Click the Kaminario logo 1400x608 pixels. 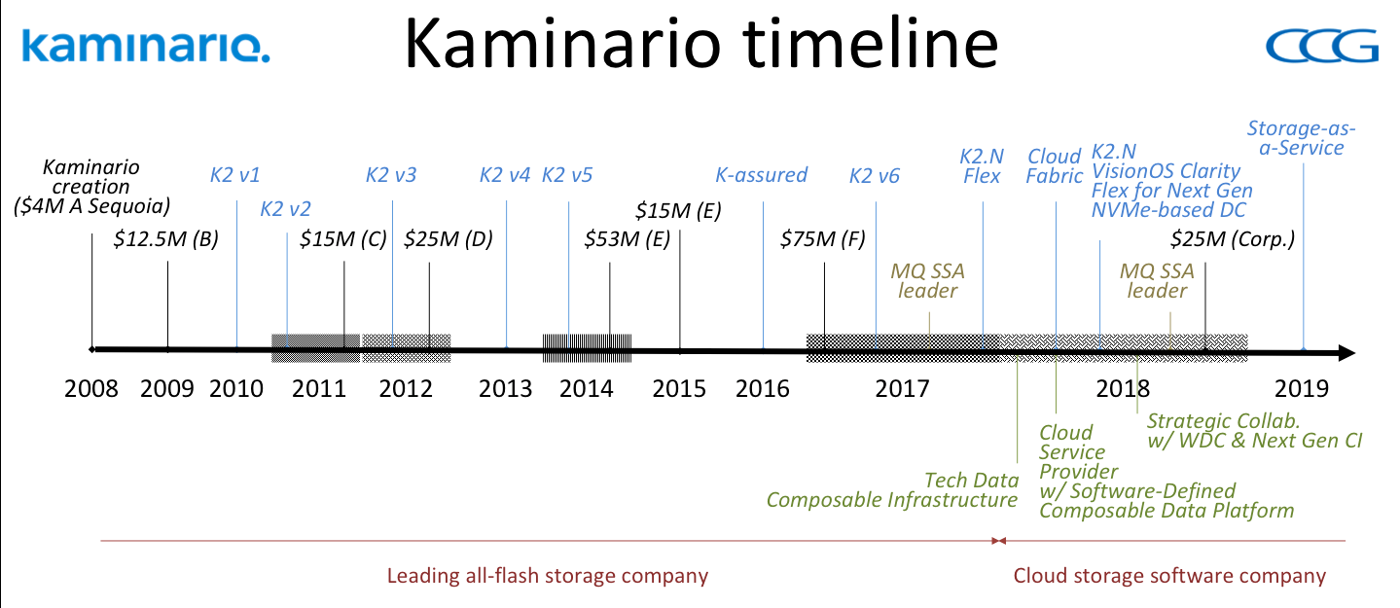pyautogui.click(x=146, y=46)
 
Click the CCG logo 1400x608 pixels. pyautogui.click(x=1321, y=46)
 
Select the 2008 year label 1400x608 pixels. pyautogui.click(x=90, y=389)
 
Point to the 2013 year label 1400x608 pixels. pyautogui.click(x=505, y=389)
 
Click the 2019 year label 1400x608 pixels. pyautogui.click(x=1301, y=389)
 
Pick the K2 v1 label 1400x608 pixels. pyautogui.click(x=234, y=175)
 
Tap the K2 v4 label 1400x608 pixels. pyautogui.click(x=504, y=175)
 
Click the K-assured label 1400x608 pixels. pyautogui.click(x=761, y=175)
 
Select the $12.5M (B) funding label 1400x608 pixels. pyautogui.click(x=165, y=238)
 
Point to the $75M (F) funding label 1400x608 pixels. pyautogui.click(x=822, y=238)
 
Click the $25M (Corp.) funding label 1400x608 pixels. pyautogui.click(x=1232, y=238)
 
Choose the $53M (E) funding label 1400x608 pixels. pyautogui.click(x=627, y=238)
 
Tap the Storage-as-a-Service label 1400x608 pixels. pyautogui.click(x=1301, y=138)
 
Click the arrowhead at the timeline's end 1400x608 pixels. pyautogui.click(x=1346, y=353)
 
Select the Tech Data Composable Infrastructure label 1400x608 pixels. pyautogui.click(x=892, y=490)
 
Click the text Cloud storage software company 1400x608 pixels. pyautogui.click(x=1169, y=576)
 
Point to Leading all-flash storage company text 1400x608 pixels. pyautogui.click(x=548, y=576)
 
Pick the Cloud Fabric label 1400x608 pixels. pyautogui.click(x=1055, y=166)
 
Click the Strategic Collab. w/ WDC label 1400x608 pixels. pyautogui.click(x=1254, y=431)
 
